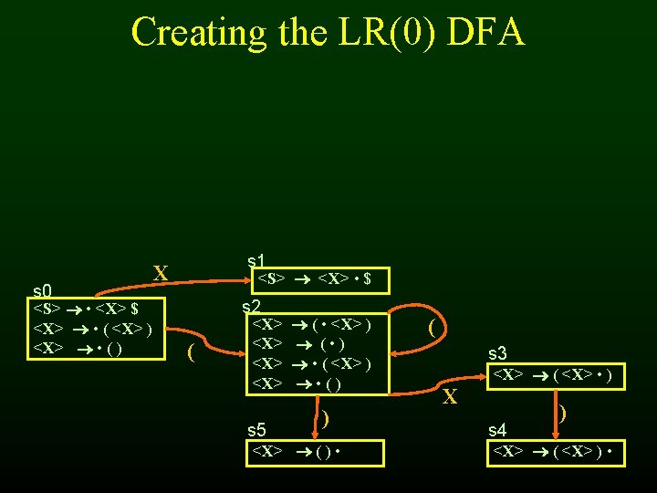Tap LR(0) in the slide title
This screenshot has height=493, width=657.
[x=386, y=32]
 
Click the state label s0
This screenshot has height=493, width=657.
[x=43, y=291]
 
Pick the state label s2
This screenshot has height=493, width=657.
[x=252, y=306]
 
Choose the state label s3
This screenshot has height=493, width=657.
[x=499, y=352]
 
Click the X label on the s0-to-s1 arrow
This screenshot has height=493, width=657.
[x=161, y=274]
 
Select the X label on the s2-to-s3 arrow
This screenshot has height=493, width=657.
[x=449, y=396]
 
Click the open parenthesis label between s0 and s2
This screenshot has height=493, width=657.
[x=190, y=351]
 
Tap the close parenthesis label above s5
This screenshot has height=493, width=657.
[x=324, y=418]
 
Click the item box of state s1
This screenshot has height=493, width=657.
[x=317, y=278]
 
